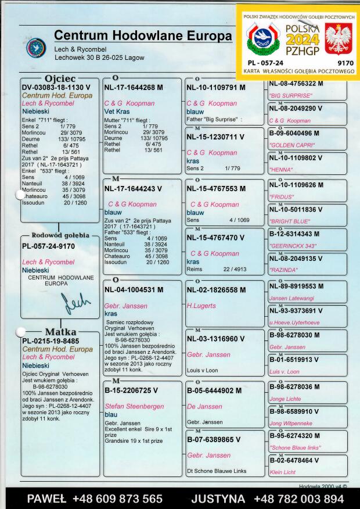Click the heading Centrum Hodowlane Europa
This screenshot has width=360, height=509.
(143, 36)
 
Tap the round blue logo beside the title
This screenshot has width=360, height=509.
(36, 47)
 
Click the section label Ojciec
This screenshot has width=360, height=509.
(60, 78)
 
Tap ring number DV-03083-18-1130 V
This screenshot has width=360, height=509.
(56, 88)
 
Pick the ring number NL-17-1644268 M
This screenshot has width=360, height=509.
(134, 88)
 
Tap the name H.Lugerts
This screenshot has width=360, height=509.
(201, 306)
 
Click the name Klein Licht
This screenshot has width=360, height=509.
(283, 472)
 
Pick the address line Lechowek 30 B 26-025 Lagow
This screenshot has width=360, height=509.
(99, 58)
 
